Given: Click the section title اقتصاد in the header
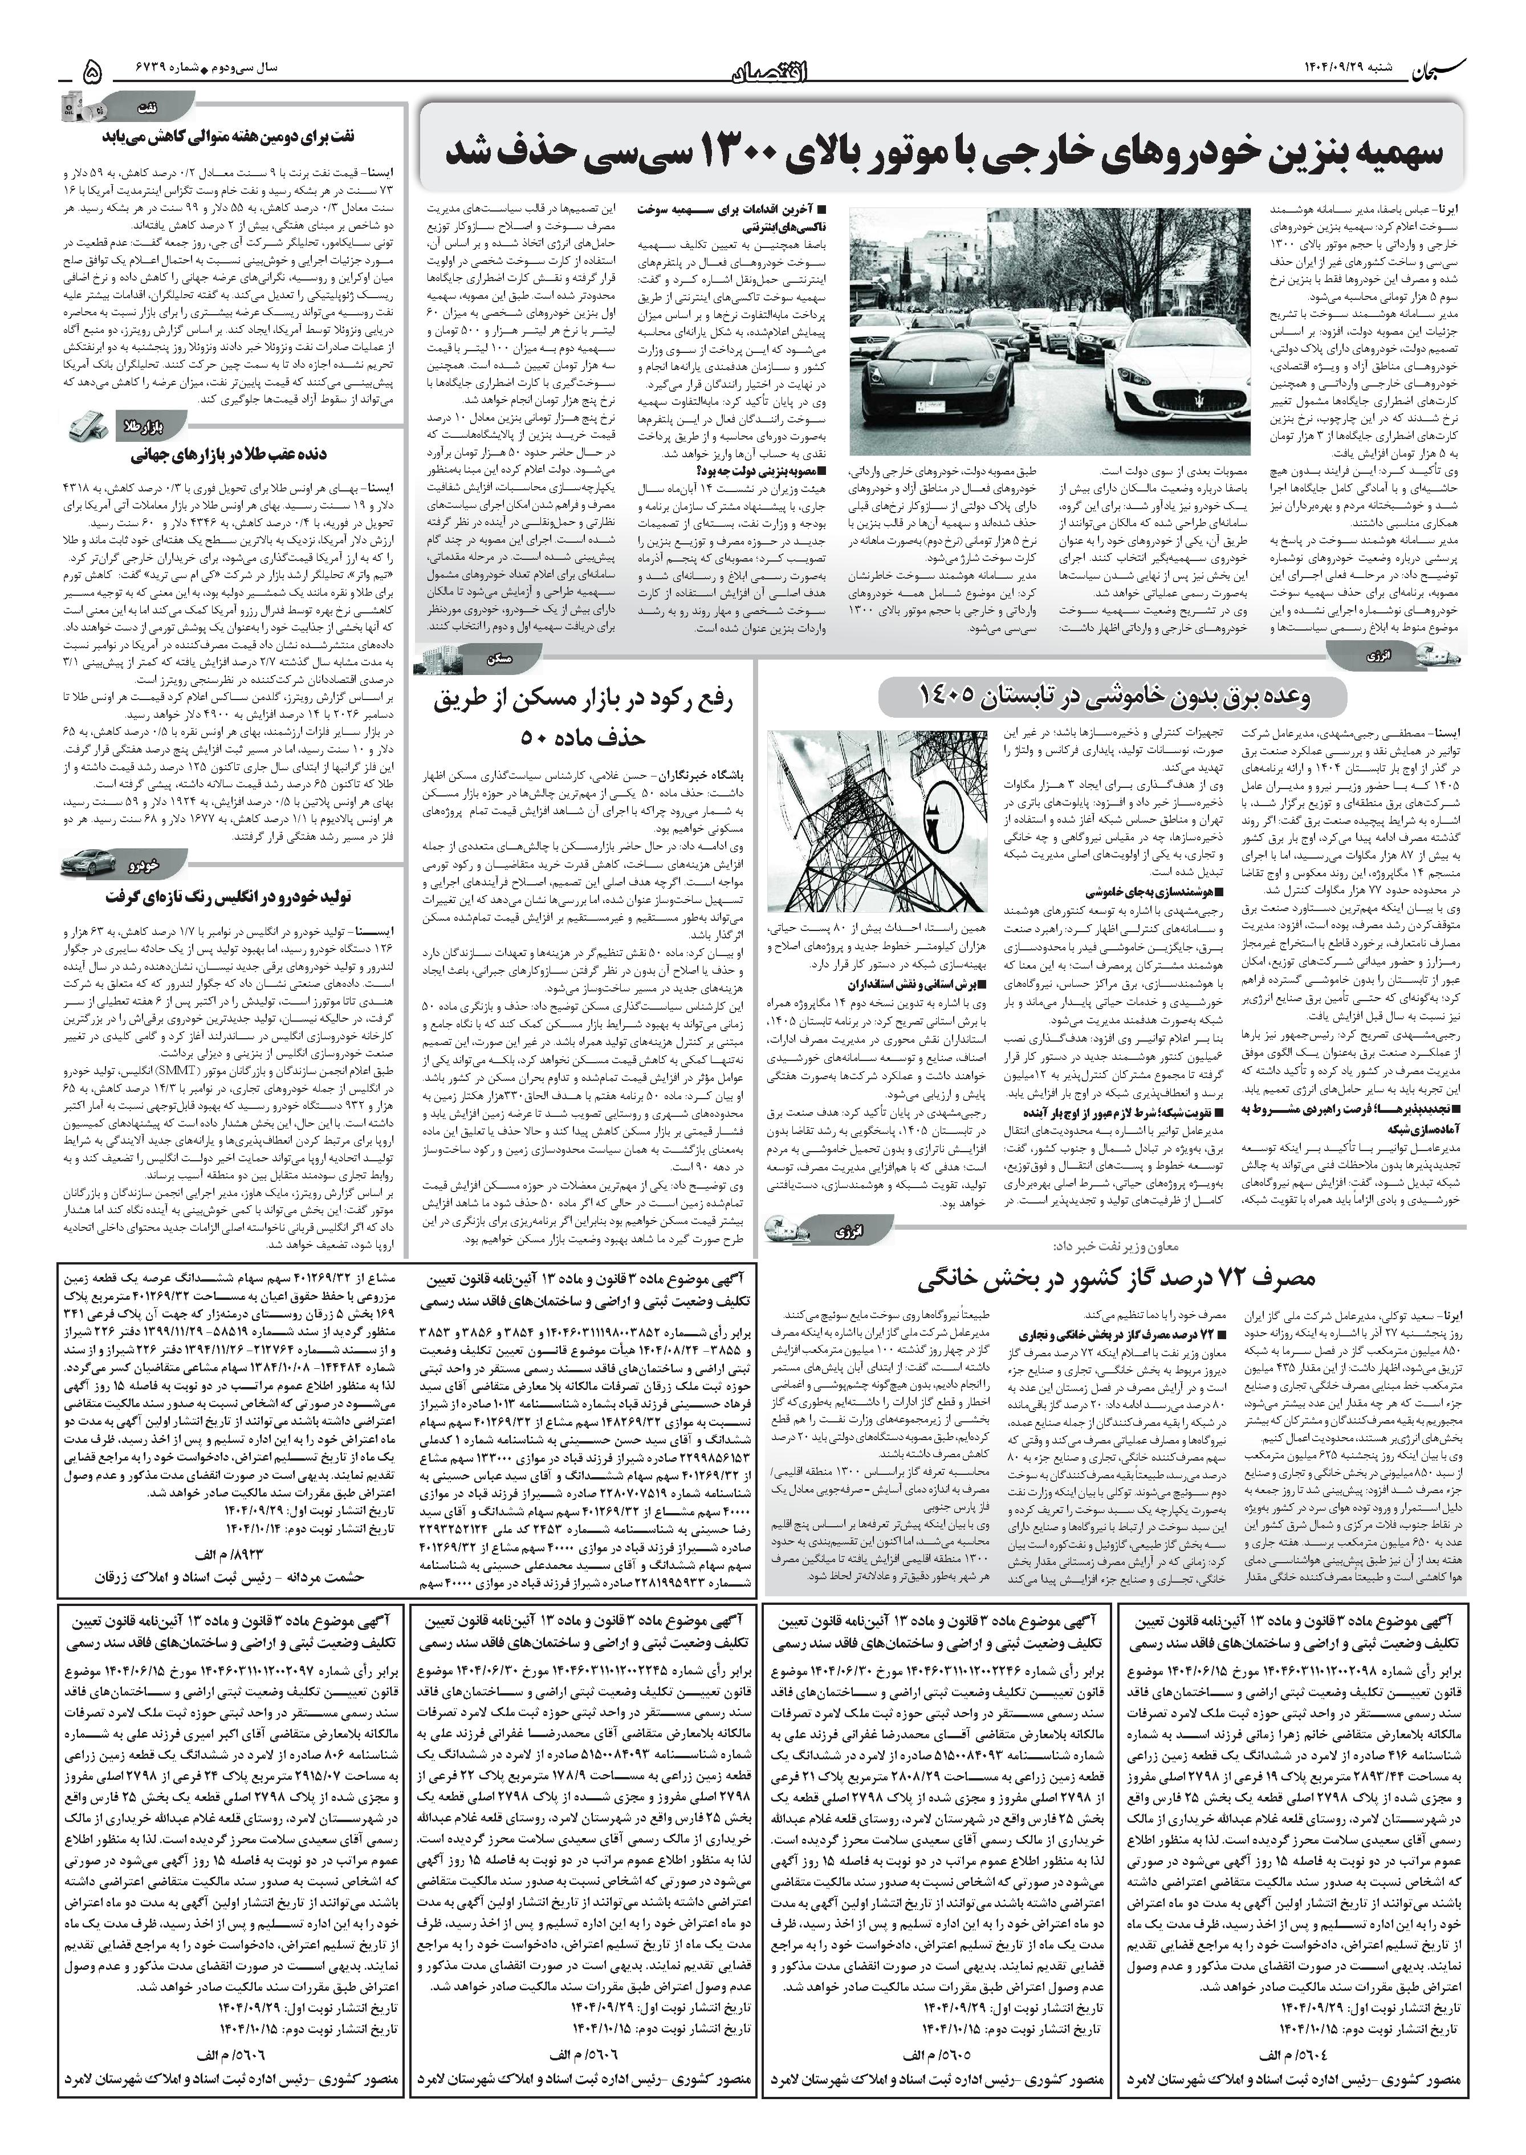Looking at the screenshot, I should click(765, 68).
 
